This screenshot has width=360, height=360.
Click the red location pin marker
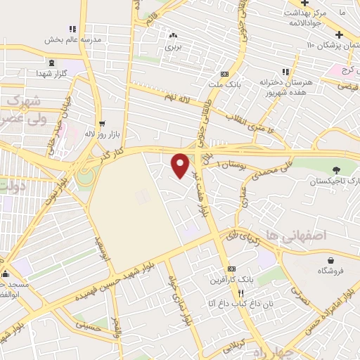pyautogui.click(x=181, y=165)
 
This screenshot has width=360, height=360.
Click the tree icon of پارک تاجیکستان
pyautogui.click(x=335, y=169)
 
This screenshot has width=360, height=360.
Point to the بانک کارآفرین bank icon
pyautogui.click(x=230, y=270)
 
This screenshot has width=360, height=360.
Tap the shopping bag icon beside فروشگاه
pyautogui.click(x=327, y=259)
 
